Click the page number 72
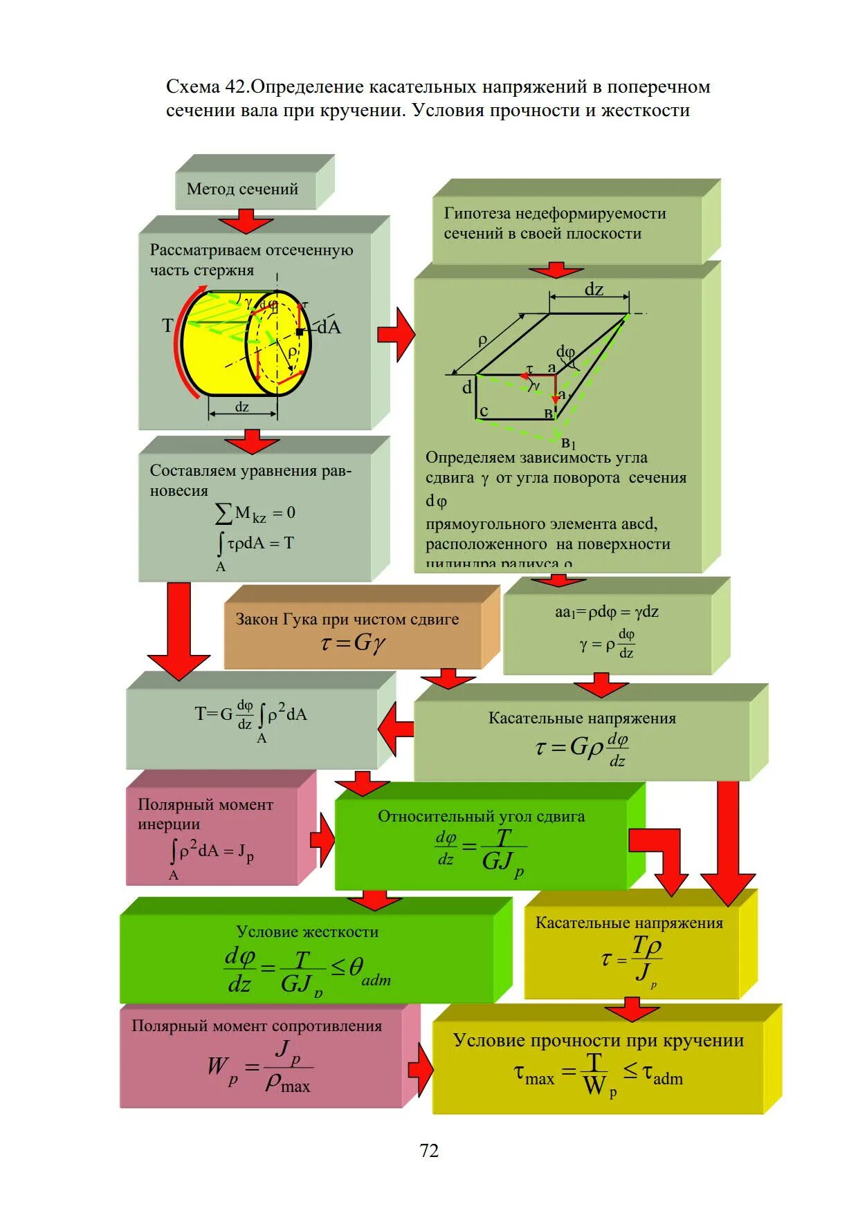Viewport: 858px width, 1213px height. (x=429, y=1150)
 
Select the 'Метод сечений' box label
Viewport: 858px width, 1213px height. (x=242, y=189)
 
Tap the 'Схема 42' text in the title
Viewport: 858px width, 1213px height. (x=206, y=87)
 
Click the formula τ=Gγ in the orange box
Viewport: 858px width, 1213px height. (x=353, y=643)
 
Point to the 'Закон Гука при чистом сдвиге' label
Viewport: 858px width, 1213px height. (x=347, y=619)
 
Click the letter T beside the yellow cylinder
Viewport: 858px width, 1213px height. (x=167, y=326)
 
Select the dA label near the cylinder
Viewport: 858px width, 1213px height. (x=329, y=327)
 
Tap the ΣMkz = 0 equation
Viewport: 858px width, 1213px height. (x=255, y=513)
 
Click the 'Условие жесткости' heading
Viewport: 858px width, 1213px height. (x=307, y=932)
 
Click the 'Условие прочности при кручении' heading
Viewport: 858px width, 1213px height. (x=599, y=1040)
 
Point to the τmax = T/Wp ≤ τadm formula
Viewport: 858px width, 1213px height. (x=598, y=1074)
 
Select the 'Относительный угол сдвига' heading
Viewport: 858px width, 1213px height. (x=481, y=816)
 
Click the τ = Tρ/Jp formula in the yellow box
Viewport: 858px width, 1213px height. (x=631, y=959)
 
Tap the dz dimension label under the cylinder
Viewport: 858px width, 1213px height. (x=242, y=407)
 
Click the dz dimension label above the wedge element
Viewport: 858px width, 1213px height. (x=594, y=289)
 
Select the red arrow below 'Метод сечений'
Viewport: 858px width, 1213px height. (x=246, y=223)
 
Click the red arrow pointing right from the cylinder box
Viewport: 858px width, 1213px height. (x=396, y=335)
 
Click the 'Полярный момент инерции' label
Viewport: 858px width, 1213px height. (x=205, y=813)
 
